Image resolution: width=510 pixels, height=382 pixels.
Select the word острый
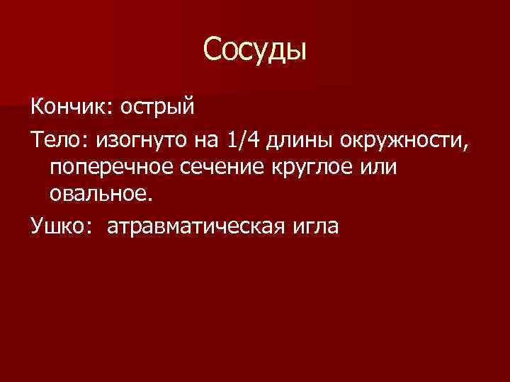[156, 108]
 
